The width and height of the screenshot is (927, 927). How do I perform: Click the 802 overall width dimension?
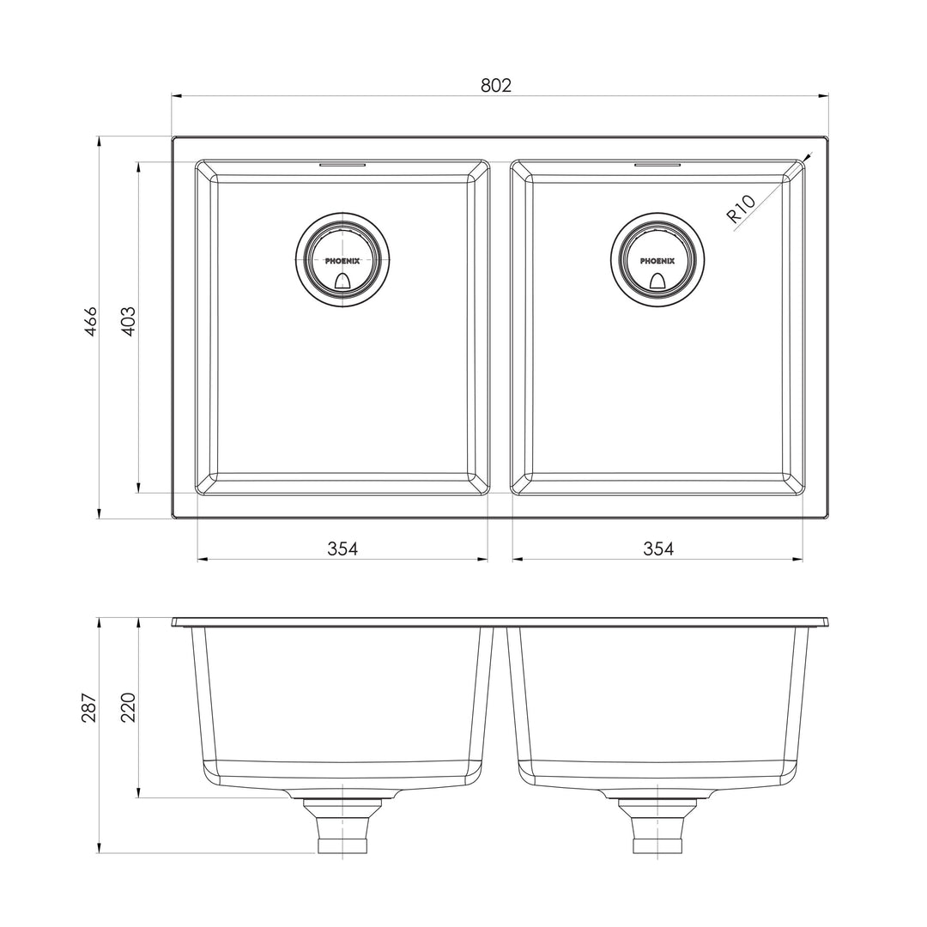point(496,85)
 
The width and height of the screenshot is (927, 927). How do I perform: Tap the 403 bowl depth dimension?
point(129,321)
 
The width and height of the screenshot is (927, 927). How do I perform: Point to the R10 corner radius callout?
point(741,209)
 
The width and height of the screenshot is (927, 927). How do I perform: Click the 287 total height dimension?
point(89,706)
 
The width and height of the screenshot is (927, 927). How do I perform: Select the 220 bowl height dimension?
point(129,706)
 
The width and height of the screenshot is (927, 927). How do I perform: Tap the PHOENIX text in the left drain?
point(342,260)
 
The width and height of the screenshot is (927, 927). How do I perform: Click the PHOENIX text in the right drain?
point(657,260)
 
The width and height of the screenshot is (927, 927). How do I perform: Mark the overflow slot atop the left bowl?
point(342,162)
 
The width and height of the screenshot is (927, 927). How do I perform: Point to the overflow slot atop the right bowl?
point(657,162)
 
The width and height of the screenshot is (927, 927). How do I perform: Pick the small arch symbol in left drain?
point(342,280)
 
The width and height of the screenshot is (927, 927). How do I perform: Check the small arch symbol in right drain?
point(658,280)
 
